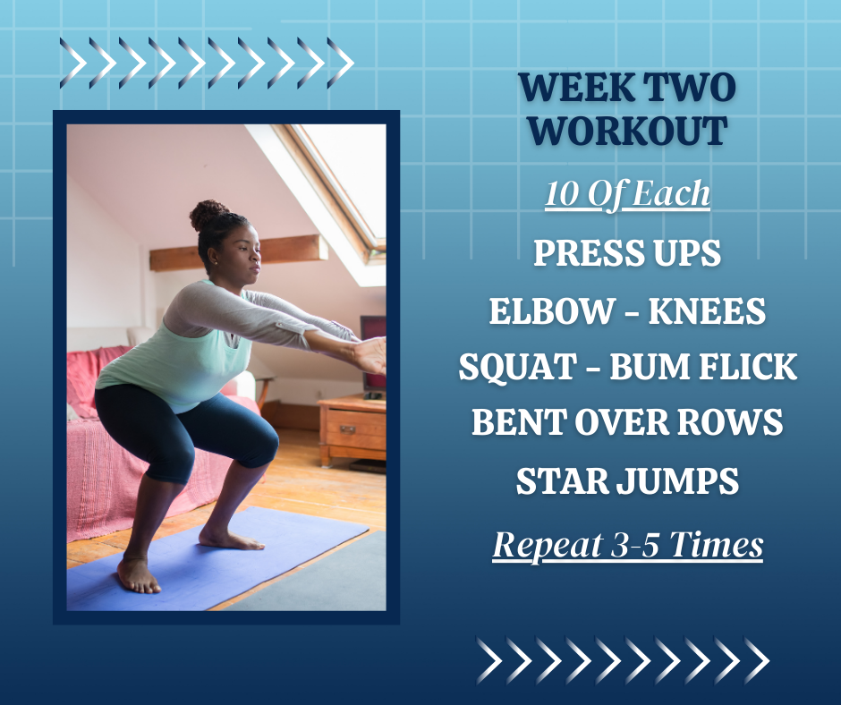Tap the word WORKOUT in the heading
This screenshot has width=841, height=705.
pyautogui.click(x=627, y=131)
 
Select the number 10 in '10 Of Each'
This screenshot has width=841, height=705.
pyautogui.click(x=560, y=193)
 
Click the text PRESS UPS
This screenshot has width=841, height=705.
pyautogui.click(x=627, y=252)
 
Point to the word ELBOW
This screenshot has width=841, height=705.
pyautogui.click(x=550, y=310)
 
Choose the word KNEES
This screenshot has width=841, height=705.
pyautogui.click(x=707, y=310)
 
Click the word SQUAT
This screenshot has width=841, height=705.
pyautogui.click(x=518, y=367)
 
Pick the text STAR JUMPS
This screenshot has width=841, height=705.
pyautogui.click(x=627, y=480)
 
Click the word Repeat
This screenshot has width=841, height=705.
pyautogui.click(x=547, y=546)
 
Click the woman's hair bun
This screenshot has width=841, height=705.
pyautogui.click(x=208, y=214)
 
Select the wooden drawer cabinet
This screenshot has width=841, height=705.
pyautogui.click(x=352, y=432)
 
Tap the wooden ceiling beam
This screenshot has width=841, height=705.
pyautogui.click(x=239, y=252)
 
